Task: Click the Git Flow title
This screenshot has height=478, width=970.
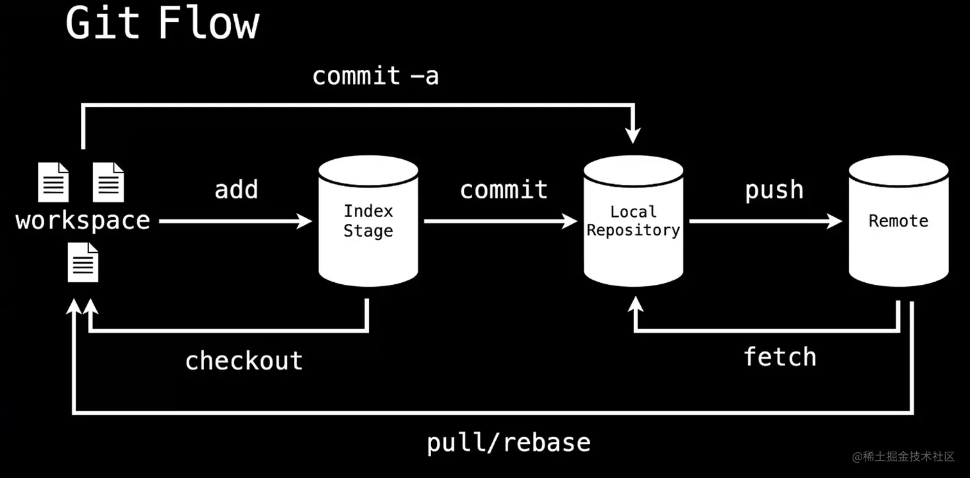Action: click(x=162, y=24)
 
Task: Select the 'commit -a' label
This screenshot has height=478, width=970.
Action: click(x=375, y=76)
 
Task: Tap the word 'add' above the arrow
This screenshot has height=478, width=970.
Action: click(x=236, y=190)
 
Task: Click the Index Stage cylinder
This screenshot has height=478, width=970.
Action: click(x=368, y=221)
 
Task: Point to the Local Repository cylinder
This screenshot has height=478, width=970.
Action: click(x=633, y=221)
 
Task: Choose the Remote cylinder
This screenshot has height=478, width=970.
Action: click(x=898, y=221)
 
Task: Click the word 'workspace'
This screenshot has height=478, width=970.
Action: click(x=83, y=221)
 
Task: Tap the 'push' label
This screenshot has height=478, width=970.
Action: click(x=774, y=190)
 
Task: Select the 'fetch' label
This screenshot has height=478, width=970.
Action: click(x=779, y=357)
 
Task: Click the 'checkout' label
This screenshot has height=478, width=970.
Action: click(x=244, y=361)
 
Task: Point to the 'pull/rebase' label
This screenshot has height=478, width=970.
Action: click(x=509, y=443)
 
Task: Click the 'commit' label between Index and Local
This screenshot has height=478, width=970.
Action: click(x=504, y=190)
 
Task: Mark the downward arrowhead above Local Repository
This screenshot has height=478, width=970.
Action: click(x=633, y=135)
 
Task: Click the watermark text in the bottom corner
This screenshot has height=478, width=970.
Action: click(x=903, y=457)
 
